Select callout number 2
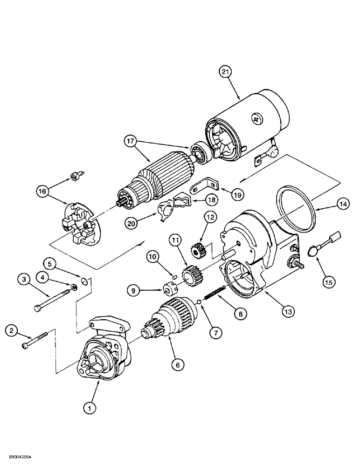13,331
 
